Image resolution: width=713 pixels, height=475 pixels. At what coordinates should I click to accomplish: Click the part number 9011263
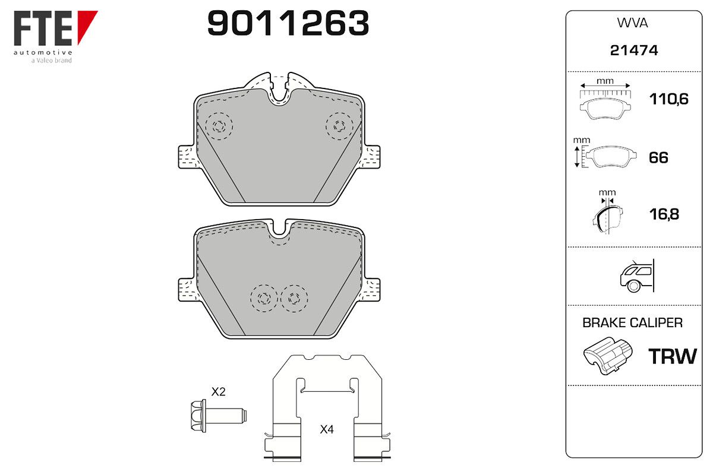pos(288,23)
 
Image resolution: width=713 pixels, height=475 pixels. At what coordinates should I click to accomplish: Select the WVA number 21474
pos(634,50)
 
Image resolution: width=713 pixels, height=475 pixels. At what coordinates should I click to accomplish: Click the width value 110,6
pos(669,99)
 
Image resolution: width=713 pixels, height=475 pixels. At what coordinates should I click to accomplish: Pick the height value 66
pos(658,158)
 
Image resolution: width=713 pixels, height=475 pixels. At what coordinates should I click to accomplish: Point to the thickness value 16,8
pos(664,214)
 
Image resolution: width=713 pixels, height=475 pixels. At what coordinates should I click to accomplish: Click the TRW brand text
pos(673,356)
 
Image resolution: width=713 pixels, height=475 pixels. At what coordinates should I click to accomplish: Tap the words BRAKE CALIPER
pos(632,323)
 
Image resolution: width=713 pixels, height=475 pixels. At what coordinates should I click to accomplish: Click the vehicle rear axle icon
pos(637,276)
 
